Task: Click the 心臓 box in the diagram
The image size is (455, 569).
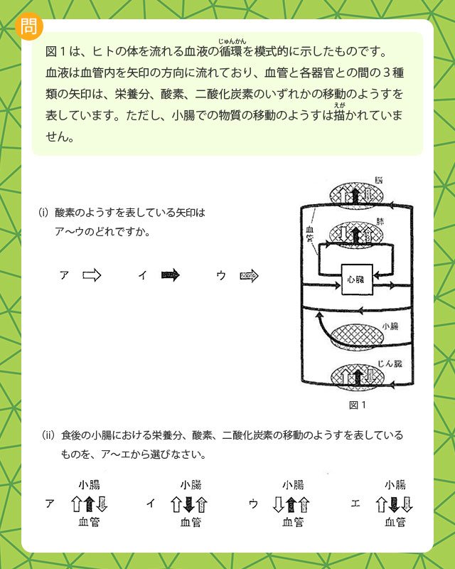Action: [x=358, y=280]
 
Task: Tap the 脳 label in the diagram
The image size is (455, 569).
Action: [x=379, y=180]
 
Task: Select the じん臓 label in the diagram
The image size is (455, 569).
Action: [x=390, y=363]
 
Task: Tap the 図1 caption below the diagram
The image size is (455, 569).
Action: [x=357, y=405]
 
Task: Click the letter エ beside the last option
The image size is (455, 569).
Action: [x=355, y=504]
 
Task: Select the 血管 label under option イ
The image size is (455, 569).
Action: [x=190, y=523]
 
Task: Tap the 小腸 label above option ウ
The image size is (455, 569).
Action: [x=293, y=485]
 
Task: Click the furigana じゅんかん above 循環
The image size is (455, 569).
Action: [x=232, y=41]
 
